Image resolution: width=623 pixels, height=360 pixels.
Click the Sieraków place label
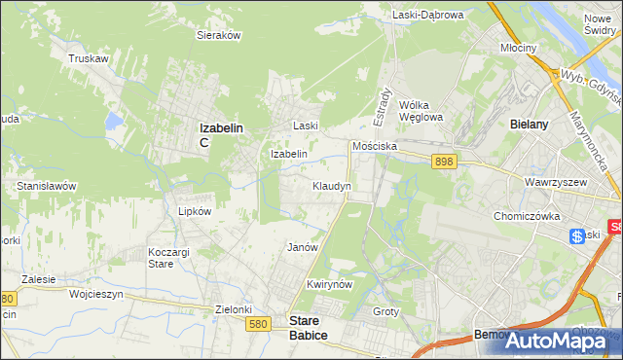click(x=219, y=34)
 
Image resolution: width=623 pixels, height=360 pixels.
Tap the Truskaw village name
click(x=88, y=58)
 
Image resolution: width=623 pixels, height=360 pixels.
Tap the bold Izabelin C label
click(x=220, y=134)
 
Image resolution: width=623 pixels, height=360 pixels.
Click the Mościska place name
click(x=375, y=146)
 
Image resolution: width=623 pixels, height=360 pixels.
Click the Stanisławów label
click(x=46, y=185)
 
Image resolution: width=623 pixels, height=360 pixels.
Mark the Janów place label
click(x=303, y=247)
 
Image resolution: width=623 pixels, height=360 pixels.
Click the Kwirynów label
click(x=327, y=284)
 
